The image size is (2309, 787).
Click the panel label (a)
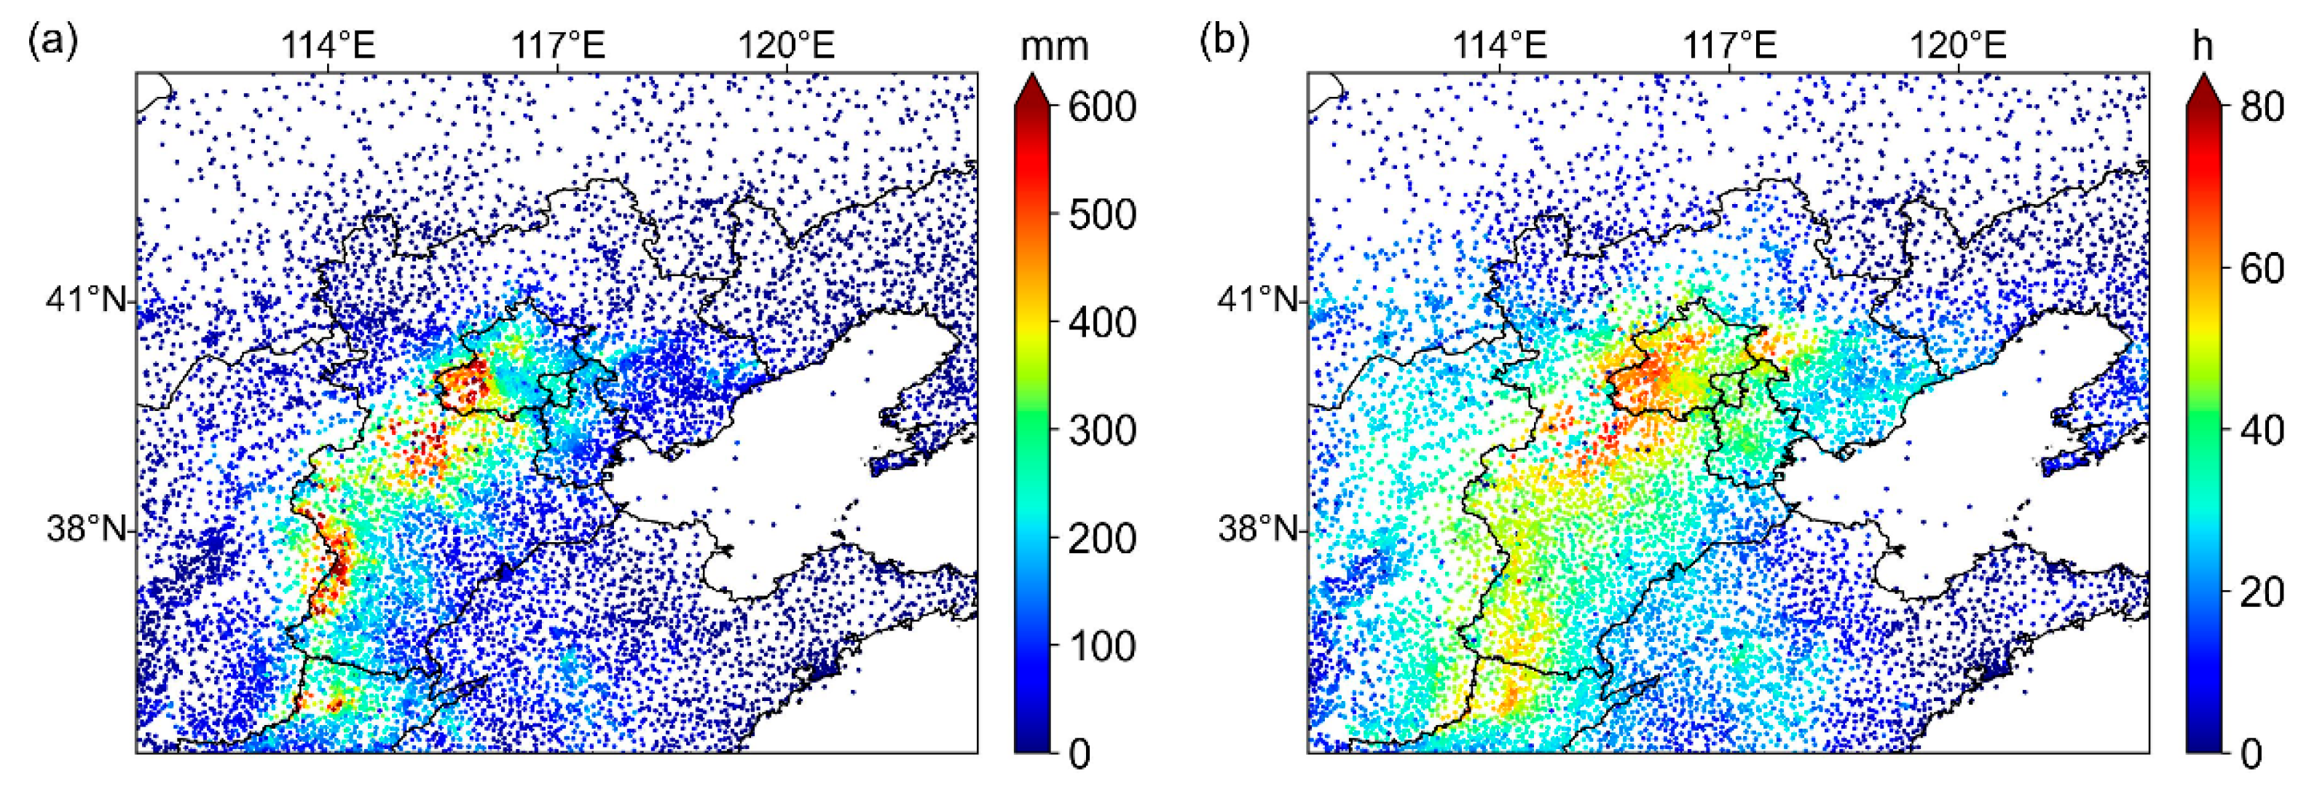tap(53, 42)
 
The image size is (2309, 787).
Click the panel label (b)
tap(1224, 42)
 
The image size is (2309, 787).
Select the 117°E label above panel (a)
tap(557, 45)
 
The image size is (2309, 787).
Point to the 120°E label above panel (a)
tap(786, 45)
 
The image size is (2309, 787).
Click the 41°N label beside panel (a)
tap(86, 299)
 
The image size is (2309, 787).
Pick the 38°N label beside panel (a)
tap(86, 529)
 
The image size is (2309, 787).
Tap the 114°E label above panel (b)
tap(1500, 45)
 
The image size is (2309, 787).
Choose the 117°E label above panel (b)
tap(1729, 45)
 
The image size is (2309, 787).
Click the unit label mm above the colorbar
tap(1054, 45)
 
